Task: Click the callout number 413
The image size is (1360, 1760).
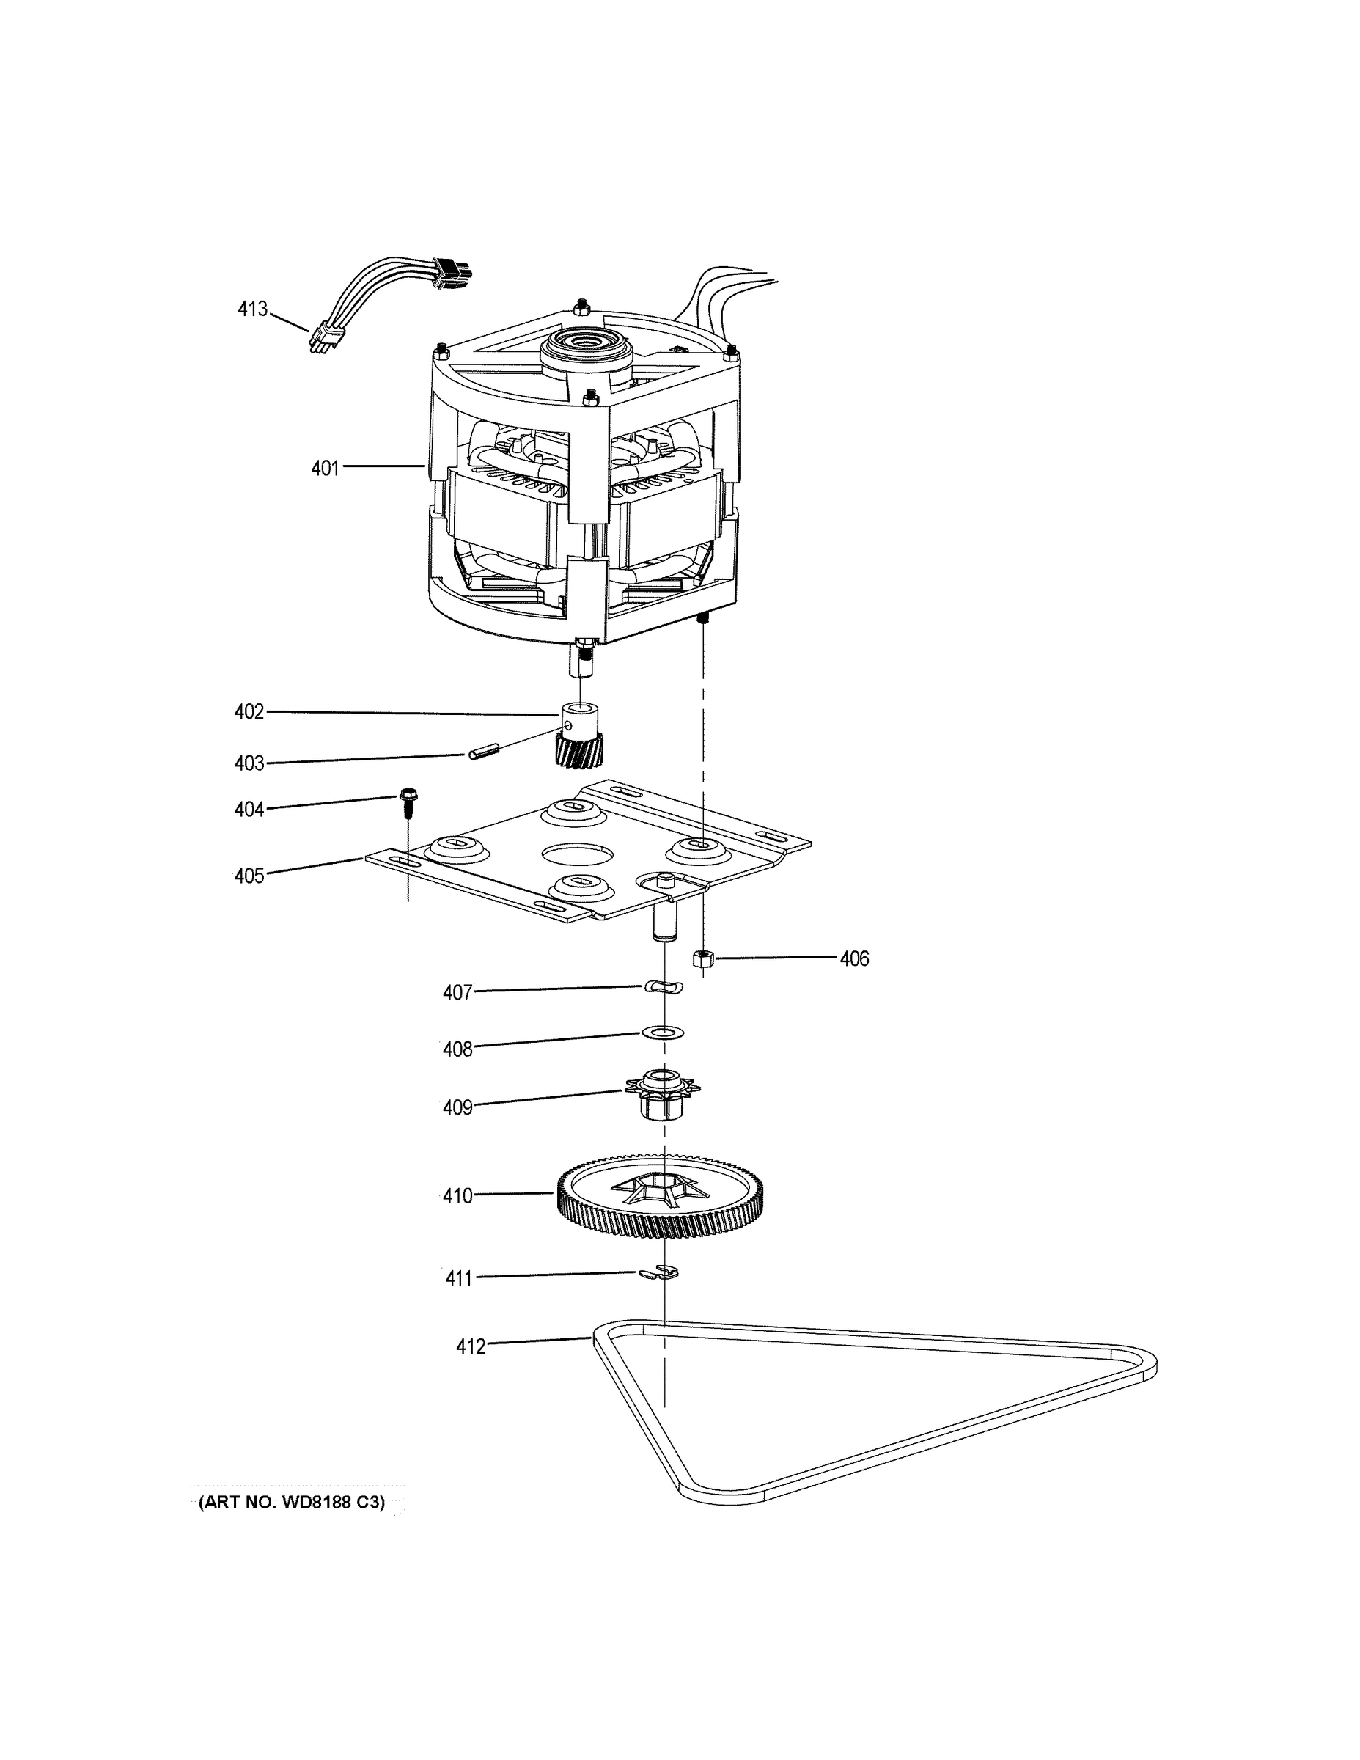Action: pos(252,309)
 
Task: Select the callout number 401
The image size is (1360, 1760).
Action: pos(326,468)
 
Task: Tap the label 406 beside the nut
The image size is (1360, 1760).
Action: pos(854,959)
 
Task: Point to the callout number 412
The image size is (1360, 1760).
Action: pos(471,1346)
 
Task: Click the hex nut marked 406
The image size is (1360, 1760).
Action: pos(703,959)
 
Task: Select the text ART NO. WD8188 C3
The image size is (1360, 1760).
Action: pos(292,1503)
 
